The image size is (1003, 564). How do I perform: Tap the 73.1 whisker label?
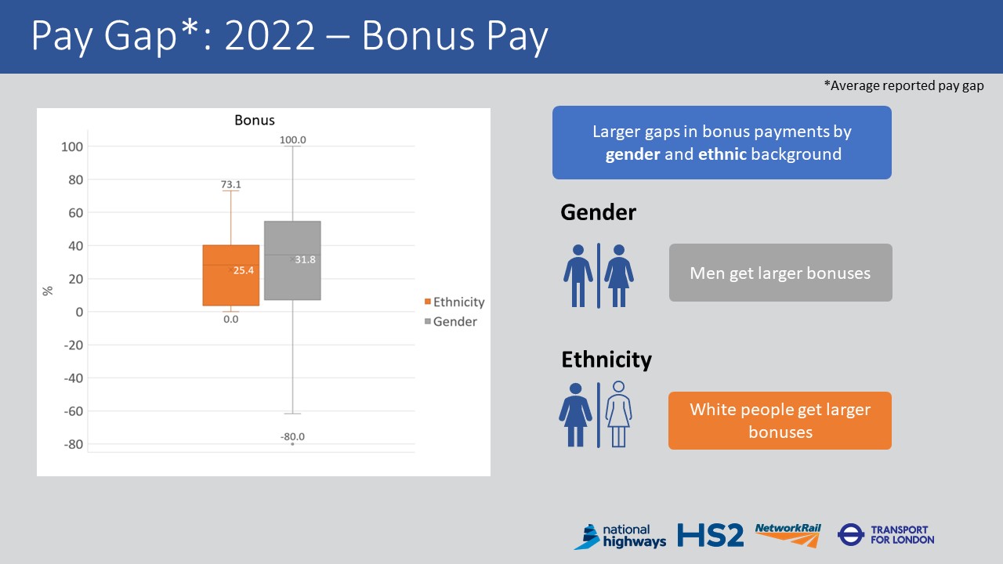pyautogui.click(x=230, y=185)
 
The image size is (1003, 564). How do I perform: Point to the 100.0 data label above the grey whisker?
pyautogui.click(x=292, y=140)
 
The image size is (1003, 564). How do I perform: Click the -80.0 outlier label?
pyautogui.click(x=292, y=437)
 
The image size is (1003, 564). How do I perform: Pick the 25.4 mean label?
pyautogui.click(x=244, y=270)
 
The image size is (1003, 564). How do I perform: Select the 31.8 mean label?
pyautogui.click(x=306, y=259)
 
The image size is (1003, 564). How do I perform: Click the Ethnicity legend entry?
pyautogui.click(x=458, y=302)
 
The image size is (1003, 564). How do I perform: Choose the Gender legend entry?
pyautogui.click(x=454, y=321)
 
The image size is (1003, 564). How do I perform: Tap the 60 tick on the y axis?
pyautogui.click(x=74, y=213)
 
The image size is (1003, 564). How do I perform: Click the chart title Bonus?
pyautogui.click(x=255, y=121)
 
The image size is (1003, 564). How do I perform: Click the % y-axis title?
pyautogui.click(x=48, y=291)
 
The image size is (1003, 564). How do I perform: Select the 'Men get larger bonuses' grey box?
pyautogui.click(x=780, y=273)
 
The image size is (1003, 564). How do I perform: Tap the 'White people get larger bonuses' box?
pyautogui.click(x=780, y=421)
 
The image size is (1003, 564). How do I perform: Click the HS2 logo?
pyautogui.click(x=710, y=536)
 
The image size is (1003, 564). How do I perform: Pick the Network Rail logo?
pyautogui.click(x=788, y=535)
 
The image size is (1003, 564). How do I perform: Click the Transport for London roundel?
pyautogui.click(x=850, y=535)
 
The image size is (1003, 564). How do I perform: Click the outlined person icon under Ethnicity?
pyautogui.click(x=619, y=414)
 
